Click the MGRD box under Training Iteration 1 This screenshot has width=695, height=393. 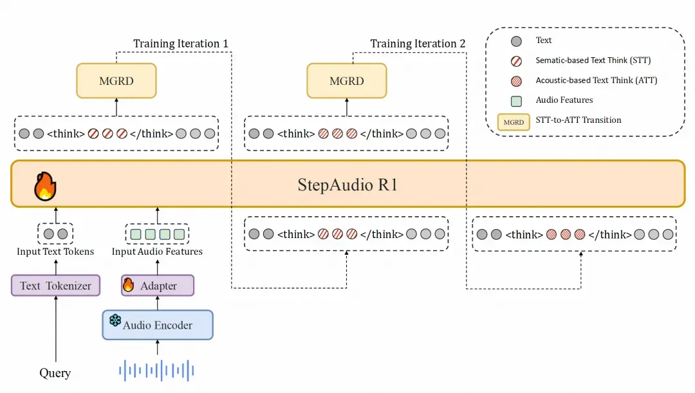pyautogui.click(x=116, y=80)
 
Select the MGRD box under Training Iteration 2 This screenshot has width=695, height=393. pyautogui.click(x=347, y=80)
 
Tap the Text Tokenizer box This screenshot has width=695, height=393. pyautogui.click(x=55, y=286)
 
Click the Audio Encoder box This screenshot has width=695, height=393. pyautogui.click(x=158, y=325)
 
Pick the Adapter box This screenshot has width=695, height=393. pyautogui.click(x=158, y=286)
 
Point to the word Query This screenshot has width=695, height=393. pyautogui.click(x=55, y=372)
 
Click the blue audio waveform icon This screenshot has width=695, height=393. pyautogui.click(x=157, y=370)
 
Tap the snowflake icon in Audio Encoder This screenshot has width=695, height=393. pyautogui.click(x=115, y=320)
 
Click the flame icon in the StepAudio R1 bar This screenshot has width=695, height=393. pyautogui.click(x=45, y=185)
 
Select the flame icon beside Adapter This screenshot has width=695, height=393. pyautogui.click(x=129, y=284)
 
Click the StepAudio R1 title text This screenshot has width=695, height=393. pyautogui.click(x=347, y=185)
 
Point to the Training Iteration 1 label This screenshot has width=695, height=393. pyautogui.click(x=181, y=44)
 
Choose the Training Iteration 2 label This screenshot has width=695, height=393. pyautogui.click(x=418, y=44)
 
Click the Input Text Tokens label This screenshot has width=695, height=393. pyautogui.click(x=55, y=251)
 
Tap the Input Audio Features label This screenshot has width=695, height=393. pyautogui.click(x=157, y=251)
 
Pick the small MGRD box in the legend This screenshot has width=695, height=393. pyautogui.click(x=514, y=122)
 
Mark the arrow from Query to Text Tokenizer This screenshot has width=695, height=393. pyautogui.click(x=55, y=328)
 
